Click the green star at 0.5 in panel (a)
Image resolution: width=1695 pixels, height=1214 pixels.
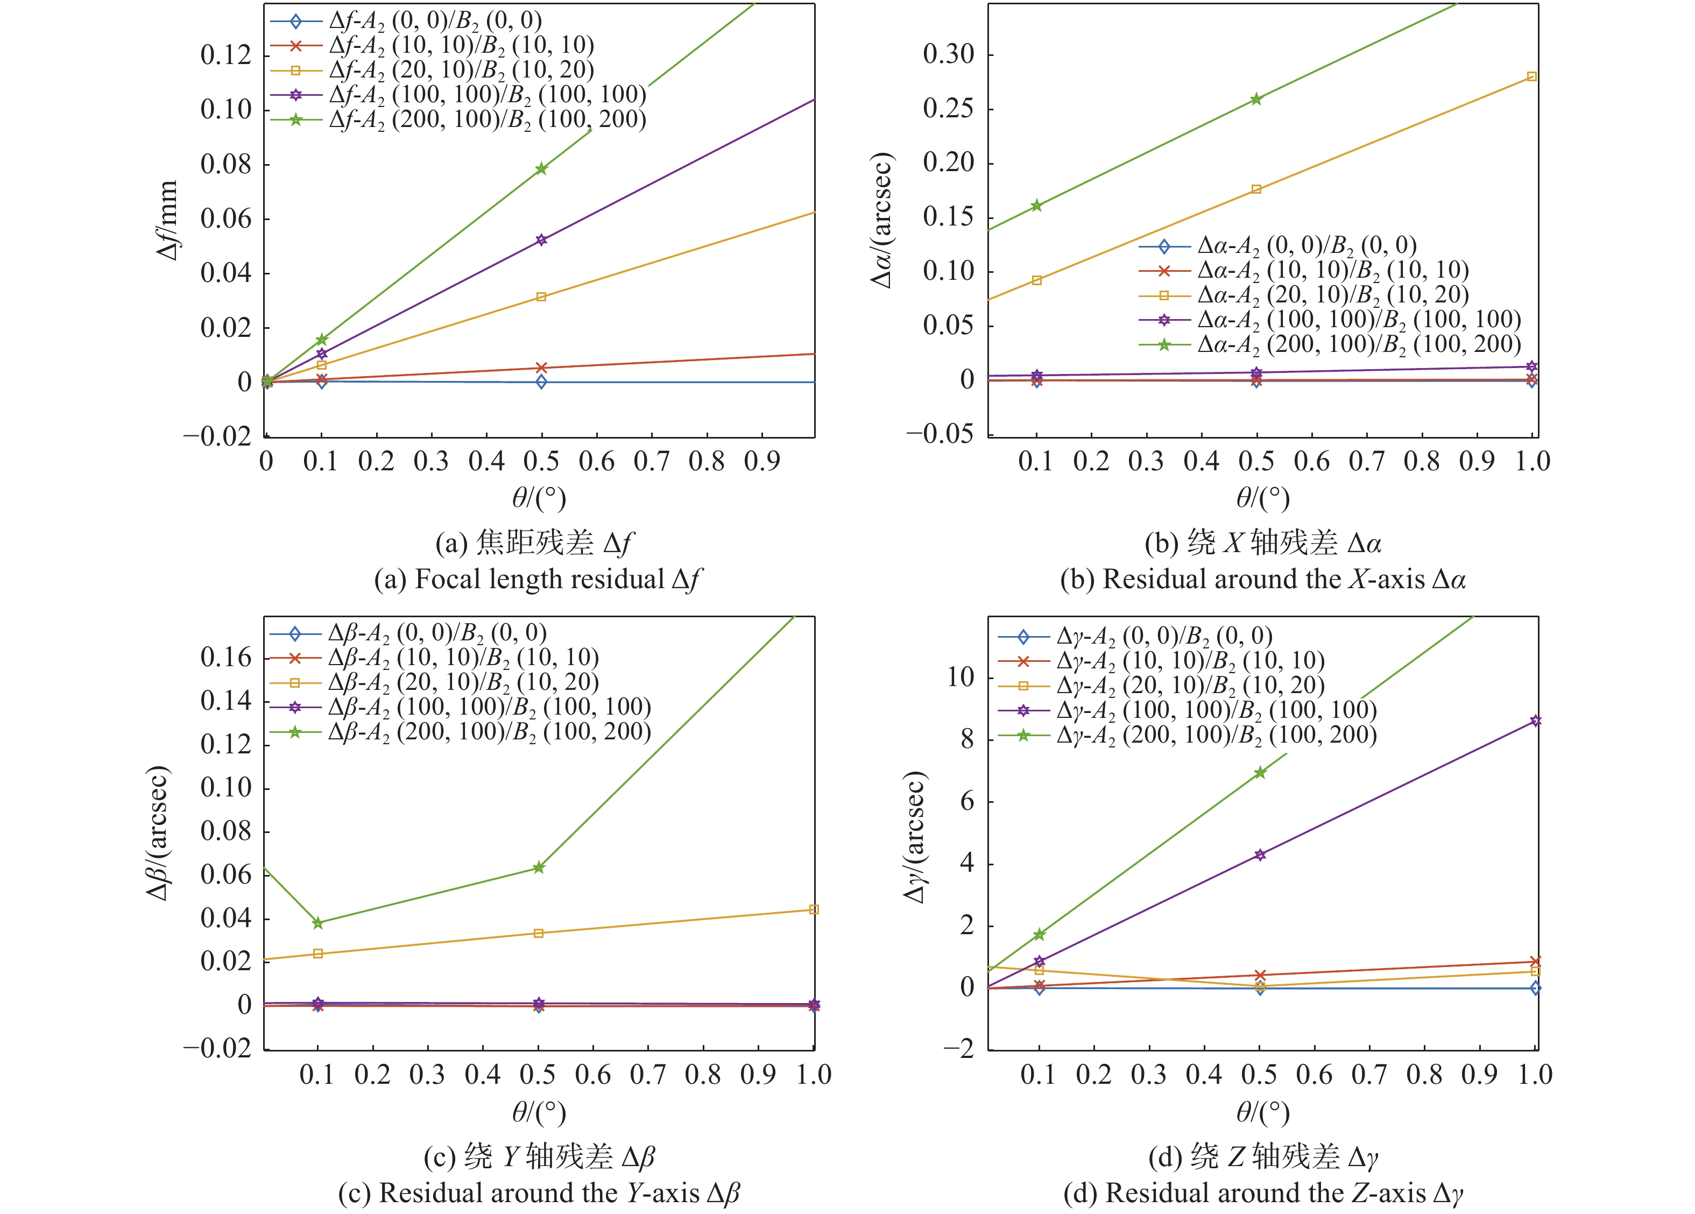pyautogui.click(x=541, y=169)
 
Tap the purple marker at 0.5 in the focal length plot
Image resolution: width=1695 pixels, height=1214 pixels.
pyautogui.click(x=541, y=240)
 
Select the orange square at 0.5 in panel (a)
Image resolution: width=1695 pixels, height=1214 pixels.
pyautogui.click(x=541, y=297)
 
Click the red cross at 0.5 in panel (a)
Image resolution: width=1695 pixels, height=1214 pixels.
pyautogui.click(x=541, y=368)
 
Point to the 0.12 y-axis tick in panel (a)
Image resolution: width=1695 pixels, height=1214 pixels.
pyautogui.click(x=225, y=54)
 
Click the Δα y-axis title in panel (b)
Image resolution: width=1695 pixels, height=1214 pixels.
pyautogui.click(x=882, y=221)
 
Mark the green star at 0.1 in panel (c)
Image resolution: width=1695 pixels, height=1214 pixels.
pyautogui.click(x=317, y=923)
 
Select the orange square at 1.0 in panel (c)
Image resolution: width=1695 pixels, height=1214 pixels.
pyautogui.click(x=814, y=910)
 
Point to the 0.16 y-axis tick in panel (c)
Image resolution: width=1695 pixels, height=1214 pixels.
pyautogui.click(x=225, y=658)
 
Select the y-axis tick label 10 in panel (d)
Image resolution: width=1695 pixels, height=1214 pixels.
pyautogui.click(x=960, y=677)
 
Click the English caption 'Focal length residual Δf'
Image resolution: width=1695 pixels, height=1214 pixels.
pyautogui.click(x=538, y=580)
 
